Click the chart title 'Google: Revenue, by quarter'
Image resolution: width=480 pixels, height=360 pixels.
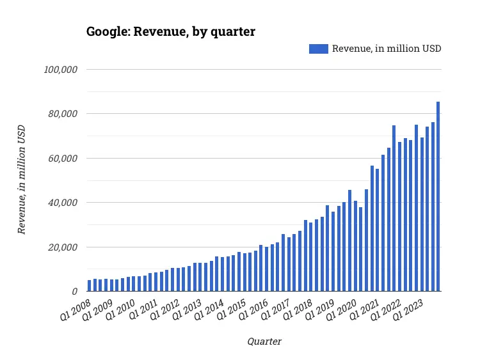click(x=170, y=32)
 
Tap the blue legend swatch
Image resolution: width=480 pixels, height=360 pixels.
click(x=318, y=49)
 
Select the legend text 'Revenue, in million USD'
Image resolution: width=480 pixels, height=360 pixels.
click(x=387, y=49)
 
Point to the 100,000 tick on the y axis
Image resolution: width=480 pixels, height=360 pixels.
click(x=60, y=69)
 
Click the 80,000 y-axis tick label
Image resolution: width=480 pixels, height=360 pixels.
click(x=62, y=114)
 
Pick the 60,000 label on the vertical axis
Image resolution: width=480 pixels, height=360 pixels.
click(x=62, y=159)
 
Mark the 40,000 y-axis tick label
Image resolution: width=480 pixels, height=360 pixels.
click(x=62, y=203)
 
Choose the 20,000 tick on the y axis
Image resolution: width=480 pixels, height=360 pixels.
click(x=62, y=247)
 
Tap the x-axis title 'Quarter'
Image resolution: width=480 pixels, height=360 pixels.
click(x=264, y=341)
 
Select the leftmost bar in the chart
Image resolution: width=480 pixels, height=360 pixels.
click(x=90, y=286)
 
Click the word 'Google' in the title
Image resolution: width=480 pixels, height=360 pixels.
click(x=106, y=32)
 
